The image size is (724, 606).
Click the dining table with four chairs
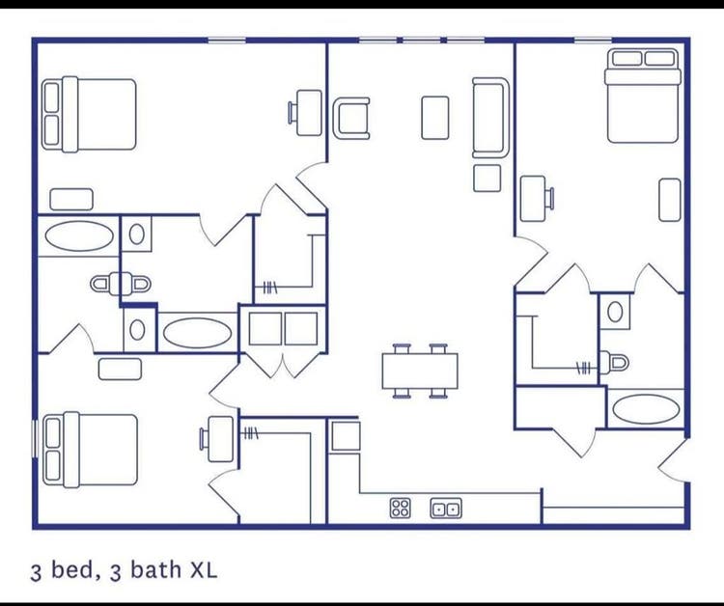point(420,371)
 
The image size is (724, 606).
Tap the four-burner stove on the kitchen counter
point(400,508)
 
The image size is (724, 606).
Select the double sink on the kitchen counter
point(446,509)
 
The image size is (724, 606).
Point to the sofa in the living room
point(490,118)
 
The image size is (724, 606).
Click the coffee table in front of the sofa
point(435,118)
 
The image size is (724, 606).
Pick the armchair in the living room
point(351,118)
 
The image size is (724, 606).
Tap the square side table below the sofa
point(487,179)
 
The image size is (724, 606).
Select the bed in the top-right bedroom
point(643,96)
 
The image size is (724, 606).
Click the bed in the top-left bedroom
point(89,114)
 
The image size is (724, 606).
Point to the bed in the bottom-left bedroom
point(90,450)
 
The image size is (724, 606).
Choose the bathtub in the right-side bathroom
point(646,409)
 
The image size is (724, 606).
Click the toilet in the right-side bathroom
point(614,362)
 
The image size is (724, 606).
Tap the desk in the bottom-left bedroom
point(217,439)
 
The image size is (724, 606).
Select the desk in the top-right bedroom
point(537,199)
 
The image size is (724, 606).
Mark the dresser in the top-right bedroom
point(670,200)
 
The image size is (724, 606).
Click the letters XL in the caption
point(204,570)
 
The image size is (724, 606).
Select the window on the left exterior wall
point(34,437)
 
